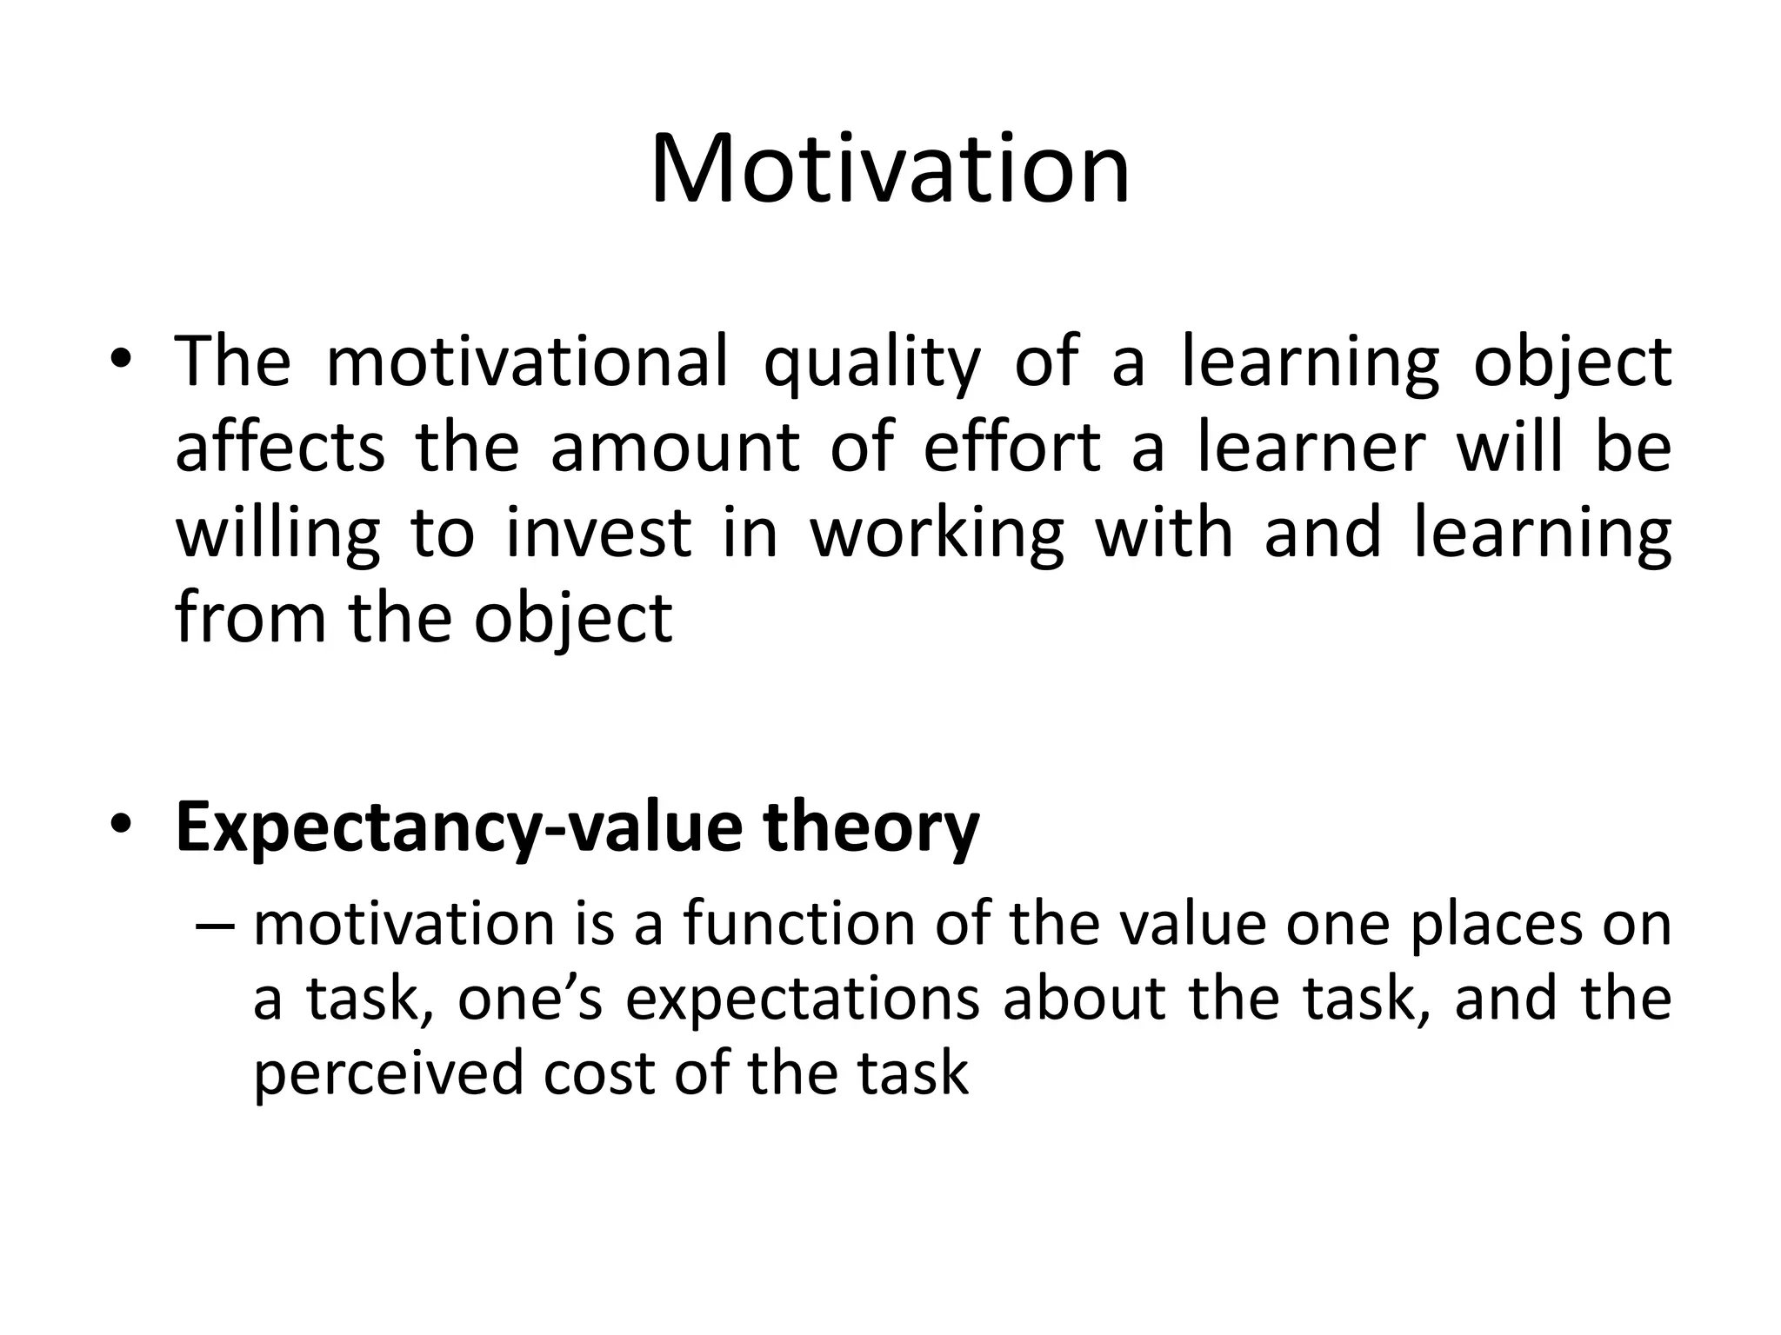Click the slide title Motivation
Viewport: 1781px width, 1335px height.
890,169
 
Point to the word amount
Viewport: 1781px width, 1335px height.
675,448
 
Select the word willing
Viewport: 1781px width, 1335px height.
278,534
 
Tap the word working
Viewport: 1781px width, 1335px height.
937,534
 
